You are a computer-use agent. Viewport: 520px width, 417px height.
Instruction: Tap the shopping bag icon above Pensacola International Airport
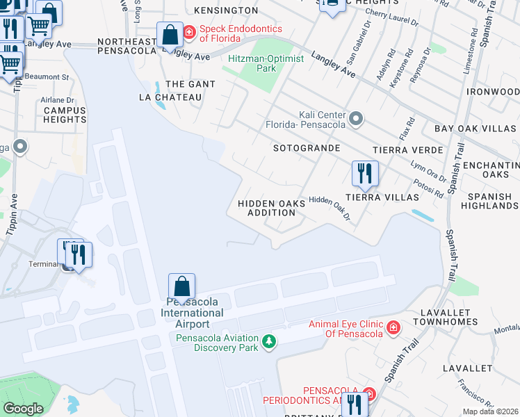(x=181, y=286)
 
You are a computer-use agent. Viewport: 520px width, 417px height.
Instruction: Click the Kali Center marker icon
(x=357, y=120)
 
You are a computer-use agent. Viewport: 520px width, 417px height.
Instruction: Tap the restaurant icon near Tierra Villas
(x=365, y=173)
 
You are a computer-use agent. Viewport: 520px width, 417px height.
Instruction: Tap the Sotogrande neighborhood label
(x=307, y=148)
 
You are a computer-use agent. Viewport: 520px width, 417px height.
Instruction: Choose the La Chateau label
(x=170, y=97)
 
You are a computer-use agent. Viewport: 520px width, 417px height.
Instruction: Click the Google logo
(x=23, y=409)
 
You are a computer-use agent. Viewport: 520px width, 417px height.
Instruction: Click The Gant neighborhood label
(x=190, y=84)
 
